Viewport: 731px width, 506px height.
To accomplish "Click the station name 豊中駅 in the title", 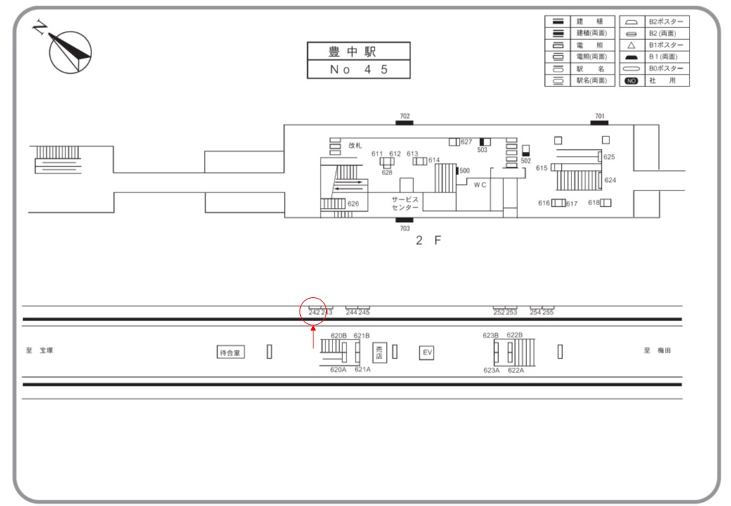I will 358,52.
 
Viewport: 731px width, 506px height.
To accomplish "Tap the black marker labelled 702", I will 404,123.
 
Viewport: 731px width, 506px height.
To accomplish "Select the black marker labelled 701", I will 600,123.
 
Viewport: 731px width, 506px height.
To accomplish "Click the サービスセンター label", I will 406,204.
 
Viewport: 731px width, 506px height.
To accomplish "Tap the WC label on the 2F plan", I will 480,185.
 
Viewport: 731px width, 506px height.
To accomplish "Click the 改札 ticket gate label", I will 355,145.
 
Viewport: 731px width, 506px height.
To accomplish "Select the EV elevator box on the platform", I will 426,352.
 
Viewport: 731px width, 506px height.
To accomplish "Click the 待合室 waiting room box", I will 231,353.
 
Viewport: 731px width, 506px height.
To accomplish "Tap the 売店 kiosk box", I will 380,351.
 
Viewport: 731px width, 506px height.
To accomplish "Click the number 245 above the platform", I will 364,313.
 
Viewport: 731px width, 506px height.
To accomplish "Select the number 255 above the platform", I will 548,313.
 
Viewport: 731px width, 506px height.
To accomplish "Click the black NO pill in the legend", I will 630,81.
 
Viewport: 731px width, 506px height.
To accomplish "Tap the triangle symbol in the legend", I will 630,44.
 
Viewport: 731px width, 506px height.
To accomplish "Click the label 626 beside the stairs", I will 353,205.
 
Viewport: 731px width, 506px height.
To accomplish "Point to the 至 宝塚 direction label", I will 41,351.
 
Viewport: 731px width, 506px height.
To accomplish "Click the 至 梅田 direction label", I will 657,351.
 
